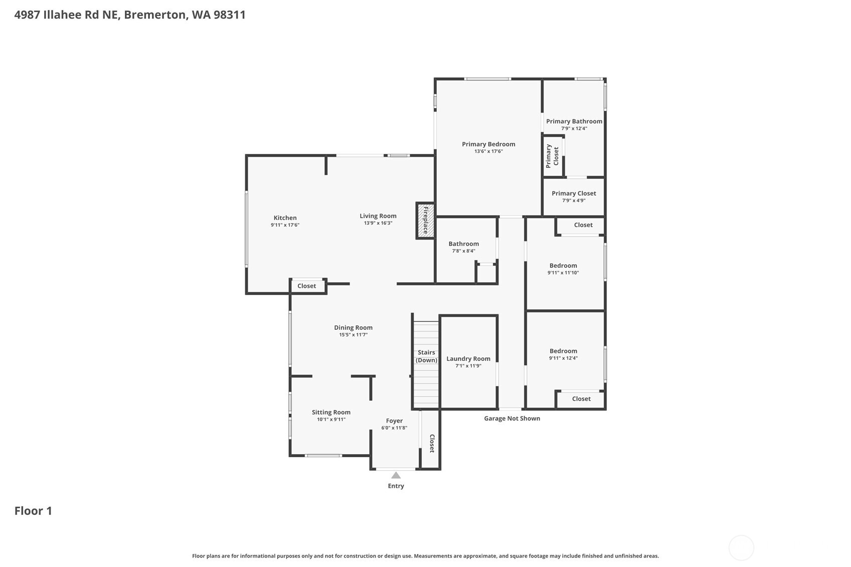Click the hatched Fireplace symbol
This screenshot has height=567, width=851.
point(425,221)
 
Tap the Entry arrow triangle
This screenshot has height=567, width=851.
point(396,475)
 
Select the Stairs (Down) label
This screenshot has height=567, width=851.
point(426,356)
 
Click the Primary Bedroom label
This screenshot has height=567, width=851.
point(488,144)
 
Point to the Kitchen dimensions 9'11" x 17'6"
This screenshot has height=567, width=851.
point(285,225)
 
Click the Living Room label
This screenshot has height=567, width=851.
point(378,216)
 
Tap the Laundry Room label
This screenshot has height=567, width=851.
point(468,358)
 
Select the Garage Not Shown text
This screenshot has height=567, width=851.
point(512,418)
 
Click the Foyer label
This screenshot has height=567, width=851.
point(394,421)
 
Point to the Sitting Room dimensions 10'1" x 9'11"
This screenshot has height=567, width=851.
point(331,420)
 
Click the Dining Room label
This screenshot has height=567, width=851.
point(353,327)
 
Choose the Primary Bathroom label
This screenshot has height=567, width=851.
point(574,121)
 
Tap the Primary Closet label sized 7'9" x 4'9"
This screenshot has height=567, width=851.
point(574,194)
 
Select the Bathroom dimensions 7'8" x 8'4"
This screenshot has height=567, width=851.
point(463,251)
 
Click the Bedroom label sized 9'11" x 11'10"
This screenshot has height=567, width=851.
point(563,266)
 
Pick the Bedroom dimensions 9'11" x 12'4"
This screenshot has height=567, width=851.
point(563,358)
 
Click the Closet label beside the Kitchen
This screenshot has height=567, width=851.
point(306,286)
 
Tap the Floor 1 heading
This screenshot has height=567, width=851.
point(33,511)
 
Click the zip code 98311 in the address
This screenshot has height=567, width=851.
point(229,15)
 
